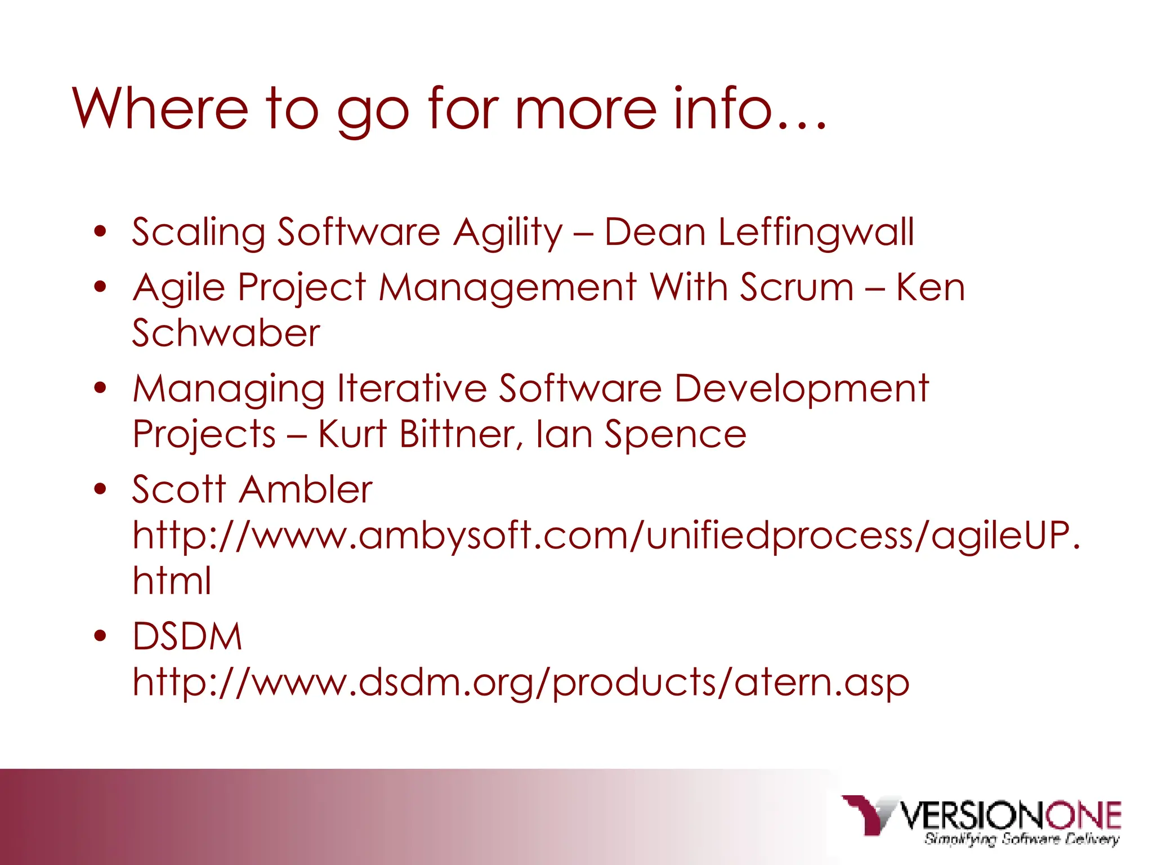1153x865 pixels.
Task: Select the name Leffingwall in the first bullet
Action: pos(816,233)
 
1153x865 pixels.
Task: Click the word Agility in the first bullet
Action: pos(508,233)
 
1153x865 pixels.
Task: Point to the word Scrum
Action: pos(797,287)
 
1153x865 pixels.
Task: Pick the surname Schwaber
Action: pos(226,333)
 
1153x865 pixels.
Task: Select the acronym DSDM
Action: pos(187,636)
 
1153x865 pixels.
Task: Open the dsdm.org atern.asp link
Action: pos(521,682)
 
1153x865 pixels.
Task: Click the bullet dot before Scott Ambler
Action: pos(100,489)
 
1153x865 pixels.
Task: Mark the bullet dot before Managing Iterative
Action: pos(100,388)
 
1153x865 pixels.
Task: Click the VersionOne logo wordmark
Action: pos(1011,815)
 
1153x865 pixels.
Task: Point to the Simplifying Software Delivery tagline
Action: pos(1021,839)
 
